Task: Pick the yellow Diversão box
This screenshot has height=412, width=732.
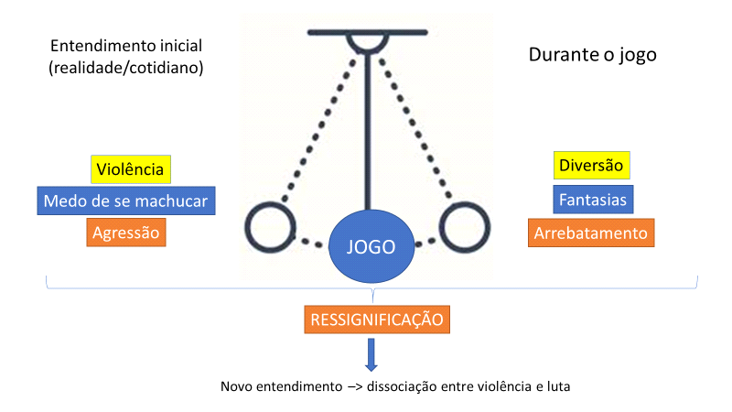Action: pyautogui.click(x=590, y=166)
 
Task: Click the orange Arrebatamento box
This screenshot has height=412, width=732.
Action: pyautogui.click(x=590, y=233)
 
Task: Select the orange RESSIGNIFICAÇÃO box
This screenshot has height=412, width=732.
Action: pyautogui.click(x=377, y=320)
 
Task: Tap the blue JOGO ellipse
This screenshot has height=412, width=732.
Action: pyautogui.click(x=371, y=247)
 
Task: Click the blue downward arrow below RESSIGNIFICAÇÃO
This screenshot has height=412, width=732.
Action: pyautogui.click(x=371, y=352)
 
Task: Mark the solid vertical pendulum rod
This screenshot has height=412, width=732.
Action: pyautogui.click(x=367, y=128)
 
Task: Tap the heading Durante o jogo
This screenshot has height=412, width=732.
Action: pyautogui.click(x=592, y=54)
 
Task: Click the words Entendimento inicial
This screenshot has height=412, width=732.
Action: pyautogui.click(x=125, y=46)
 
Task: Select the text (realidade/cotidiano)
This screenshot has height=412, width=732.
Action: pyautogui.click(x=125, y=68)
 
